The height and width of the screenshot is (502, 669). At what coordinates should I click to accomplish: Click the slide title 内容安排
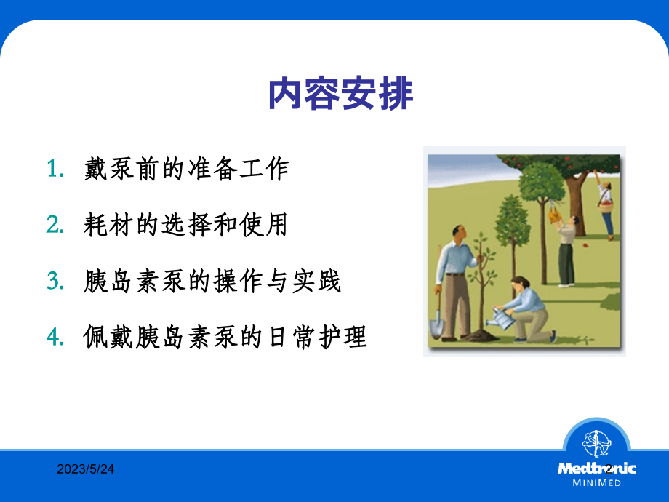point(341,95)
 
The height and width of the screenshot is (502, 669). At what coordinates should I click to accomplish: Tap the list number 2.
point(53,226)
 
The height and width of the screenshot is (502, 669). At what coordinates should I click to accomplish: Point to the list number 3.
point(53,282)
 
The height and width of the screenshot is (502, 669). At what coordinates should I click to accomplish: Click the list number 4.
point(53,338)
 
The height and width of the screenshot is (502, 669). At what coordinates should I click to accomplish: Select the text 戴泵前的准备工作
point(186,169)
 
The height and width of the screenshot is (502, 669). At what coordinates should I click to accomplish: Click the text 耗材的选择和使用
point(186,225)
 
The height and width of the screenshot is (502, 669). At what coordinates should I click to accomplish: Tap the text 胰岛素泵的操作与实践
point(212,282)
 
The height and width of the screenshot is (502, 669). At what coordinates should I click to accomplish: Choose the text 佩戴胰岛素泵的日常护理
point(225,338)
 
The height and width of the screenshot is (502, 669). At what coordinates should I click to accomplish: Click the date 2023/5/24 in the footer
point(86,470)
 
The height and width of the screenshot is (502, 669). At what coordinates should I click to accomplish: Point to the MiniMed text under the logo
point(597,483)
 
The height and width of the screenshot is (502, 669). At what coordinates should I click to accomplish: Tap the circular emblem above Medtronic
point(597,443)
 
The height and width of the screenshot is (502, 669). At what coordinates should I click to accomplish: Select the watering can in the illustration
point(501,317)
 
